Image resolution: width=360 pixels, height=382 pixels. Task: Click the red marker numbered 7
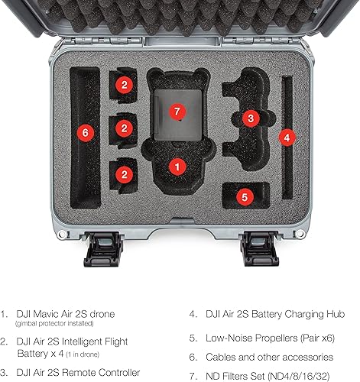pos(177,112)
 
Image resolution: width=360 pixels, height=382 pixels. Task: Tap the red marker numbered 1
pos(177,164)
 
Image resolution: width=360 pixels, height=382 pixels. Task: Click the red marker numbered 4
pos(285,138)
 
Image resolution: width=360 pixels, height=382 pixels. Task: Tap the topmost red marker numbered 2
pos(124,86)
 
